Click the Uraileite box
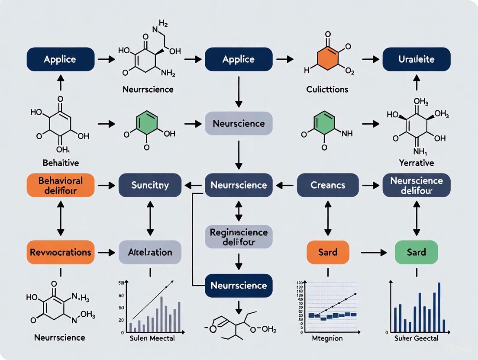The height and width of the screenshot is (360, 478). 417,59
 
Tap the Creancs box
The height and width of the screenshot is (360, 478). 328,185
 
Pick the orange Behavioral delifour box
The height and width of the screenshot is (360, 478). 60,185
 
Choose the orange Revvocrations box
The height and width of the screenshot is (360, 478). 60,252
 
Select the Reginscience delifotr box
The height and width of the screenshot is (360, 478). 239,237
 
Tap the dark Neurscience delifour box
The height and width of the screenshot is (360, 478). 417,185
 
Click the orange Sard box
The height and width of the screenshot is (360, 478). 328,252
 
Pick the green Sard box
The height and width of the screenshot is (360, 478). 417,252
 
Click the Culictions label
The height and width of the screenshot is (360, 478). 327,90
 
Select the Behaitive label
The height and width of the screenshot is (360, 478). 60,163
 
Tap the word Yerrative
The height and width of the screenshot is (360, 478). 416,163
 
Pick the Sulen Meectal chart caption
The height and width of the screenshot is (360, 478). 152,338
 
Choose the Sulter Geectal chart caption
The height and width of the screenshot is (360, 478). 417,338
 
